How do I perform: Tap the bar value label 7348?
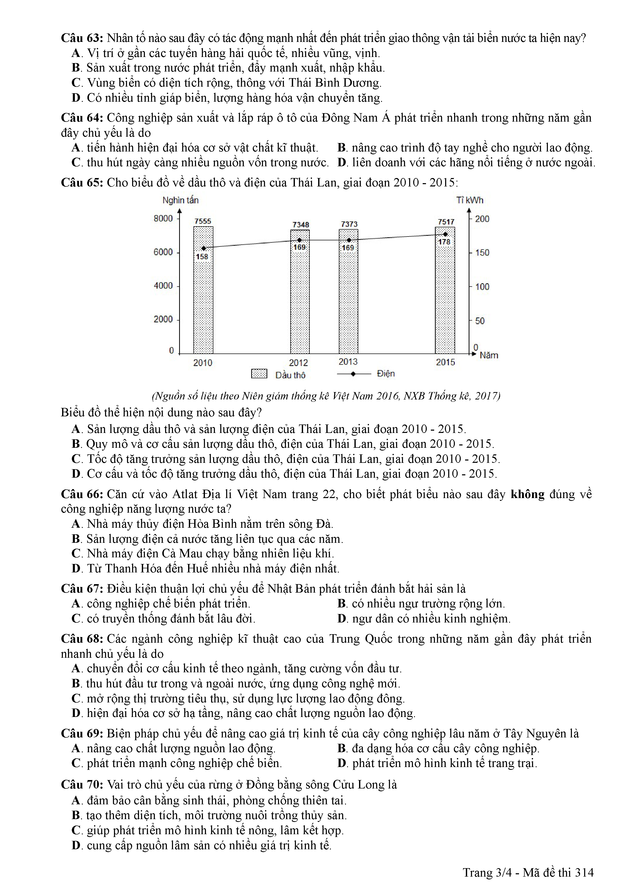pos(301,225)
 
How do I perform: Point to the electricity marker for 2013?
pos(349,240)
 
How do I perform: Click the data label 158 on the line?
pos(202,256)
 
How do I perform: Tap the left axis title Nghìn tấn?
pos(180,200)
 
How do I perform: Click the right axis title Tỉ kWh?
pos(470,200)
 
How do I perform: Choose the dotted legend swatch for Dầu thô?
pos(259,374)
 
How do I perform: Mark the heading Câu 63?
pos(82,38)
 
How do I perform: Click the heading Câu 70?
pos(82,785)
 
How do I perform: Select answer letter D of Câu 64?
pos(342,162)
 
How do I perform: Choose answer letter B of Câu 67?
pos(342,604)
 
